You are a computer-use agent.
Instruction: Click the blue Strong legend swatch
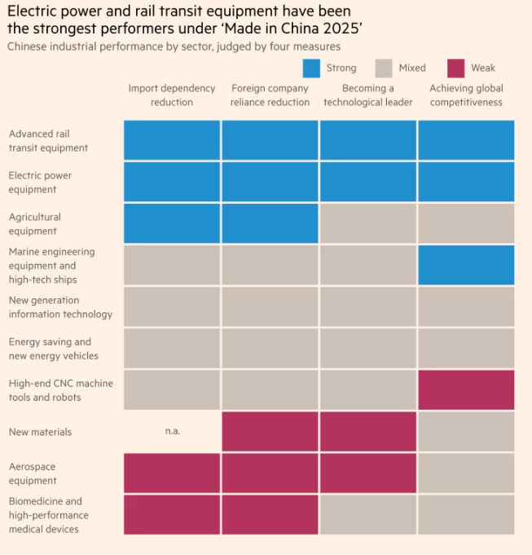click(x=311, y=68)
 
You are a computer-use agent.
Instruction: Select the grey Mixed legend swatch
click(x=385, y=68)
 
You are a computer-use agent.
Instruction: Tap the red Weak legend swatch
click(x=456, y=68)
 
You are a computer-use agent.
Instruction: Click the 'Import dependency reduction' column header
click(x=172, y=95)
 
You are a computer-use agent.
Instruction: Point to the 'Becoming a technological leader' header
click(x=368, y=95)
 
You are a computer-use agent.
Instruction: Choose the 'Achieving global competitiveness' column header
click(x=466, y=95)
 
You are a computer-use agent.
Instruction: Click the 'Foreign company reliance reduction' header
click(x=270, y=95)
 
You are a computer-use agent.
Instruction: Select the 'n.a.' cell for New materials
click(x=172, y=431)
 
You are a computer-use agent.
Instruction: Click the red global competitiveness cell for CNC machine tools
click(x=466, y=390)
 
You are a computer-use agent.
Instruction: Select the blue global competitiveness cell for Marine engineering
click(x=466, y=265)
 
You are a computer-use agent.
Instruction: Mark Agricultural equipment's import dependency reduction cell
click(x=172, y=223)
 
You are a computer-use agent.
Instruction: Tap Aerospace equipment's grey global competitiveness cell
click(x=466, y=474)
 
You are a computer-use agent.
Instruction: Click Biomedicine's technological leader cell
click(x=368, y=515)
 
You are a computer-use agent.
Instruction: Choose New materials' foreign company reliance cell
click(x=270, y=431)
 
